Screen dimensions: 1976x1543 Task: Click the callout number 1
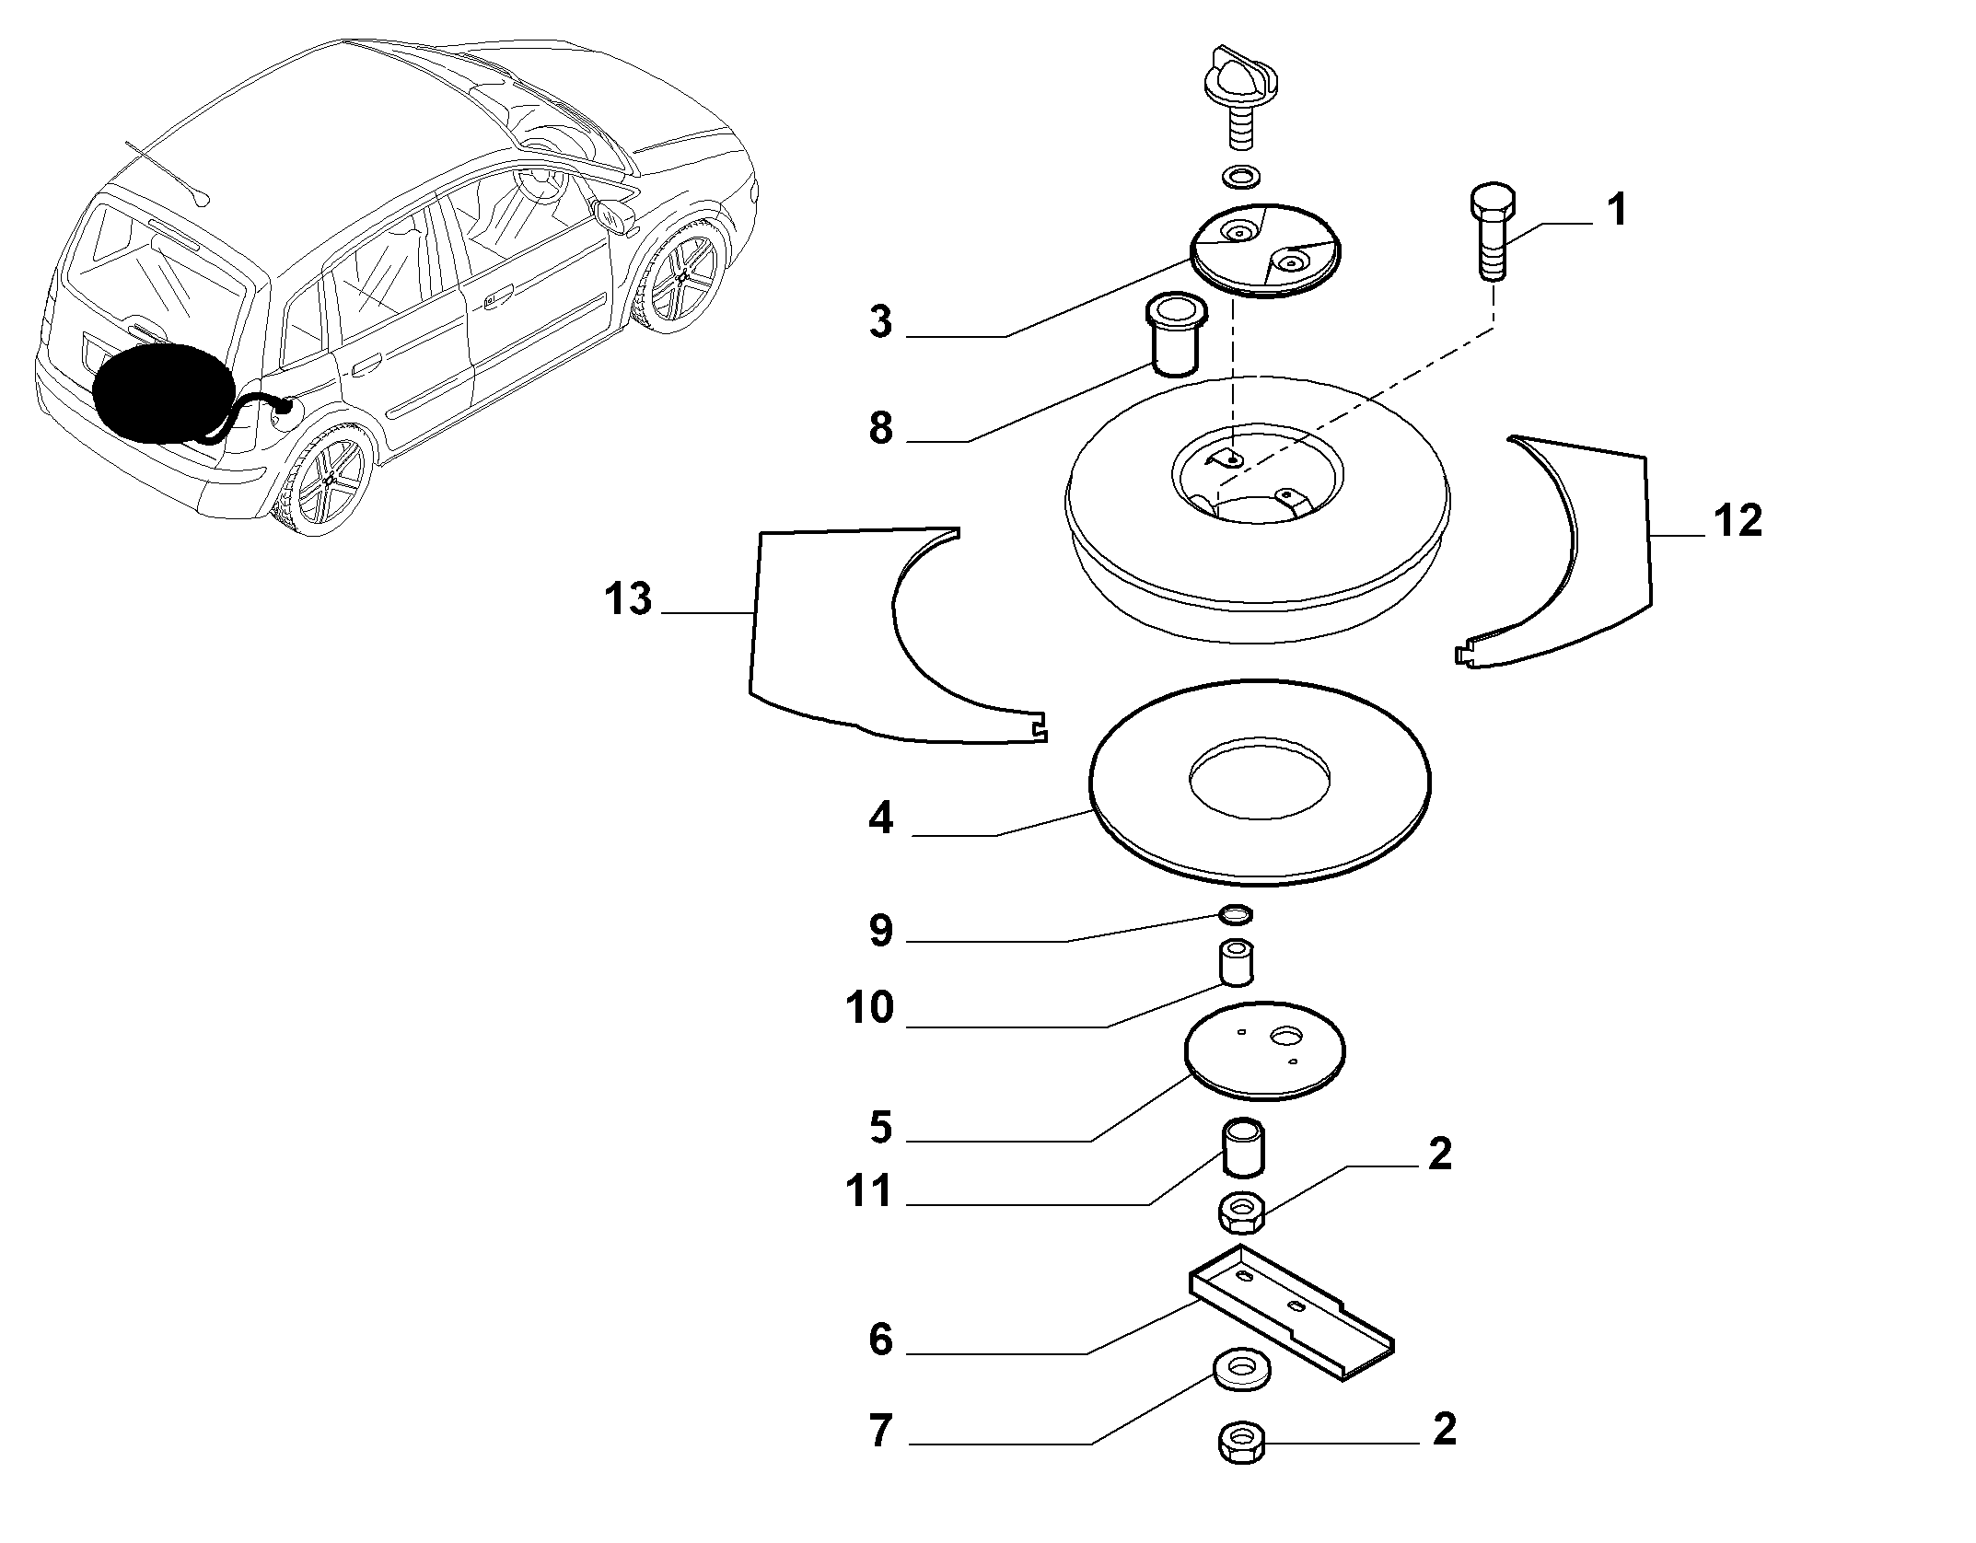click(x=1616, y=210)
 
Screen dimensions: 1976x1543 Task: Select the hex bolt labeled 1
click(x=1492, y=232)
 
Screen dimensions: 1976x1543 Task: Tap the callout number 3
click(x=880, y=321)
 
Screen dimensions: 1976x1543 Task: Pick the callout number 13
click(x=628, y=599)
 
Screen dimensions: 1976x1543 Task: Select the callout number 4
click(x=880, y=817)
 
